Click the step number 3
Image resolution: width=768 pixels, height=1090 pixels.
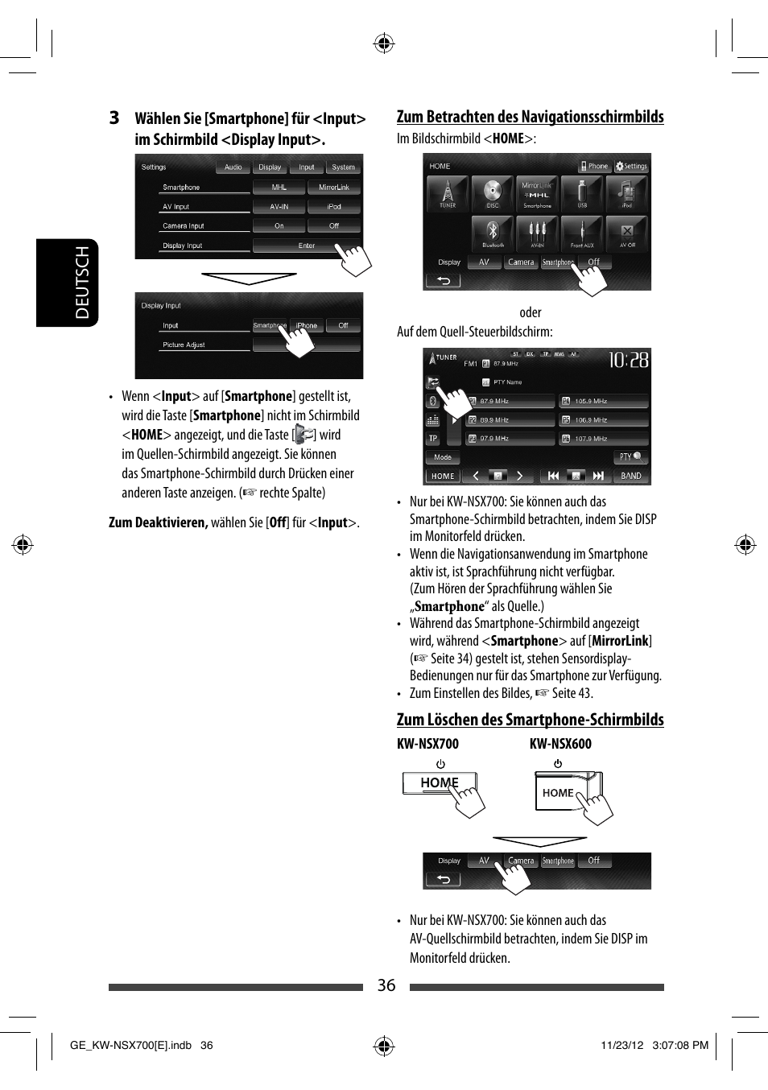pyautogui.click(x=114, y=118)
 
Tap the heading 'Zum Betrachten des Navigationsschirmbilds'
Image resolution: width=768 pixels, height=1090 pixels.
pyautogui.click(x=530, y=117)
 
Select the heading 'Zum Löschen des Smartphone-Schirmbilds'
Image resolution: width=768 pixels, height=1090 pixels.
pyautogui.click(x=530, y=720)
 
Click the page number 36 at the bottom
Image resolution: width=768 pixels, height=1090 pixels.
pyautogui.click(x=386, y=985)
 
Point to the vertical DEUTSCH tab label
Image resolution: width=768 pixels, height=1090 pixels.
pyautogui.click(x=82, y=283)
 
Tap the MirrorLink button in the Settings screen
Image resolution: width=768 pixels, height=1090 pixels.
pyautogui.click(x=334, y=188)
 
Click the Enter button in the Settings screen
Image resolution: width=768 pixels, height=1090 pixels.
pyautogui.click(x=307, y=246)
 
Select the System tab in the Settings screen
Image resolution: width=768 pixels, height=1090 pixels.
pyautogui.click(x=344, y=167)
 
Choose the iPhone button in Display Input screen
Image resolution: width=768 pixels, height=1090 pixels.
pyautogui.click(x=307, y=325)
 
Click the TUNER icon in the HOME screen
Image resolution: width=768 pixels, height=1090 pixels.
pyautogui.click(x=448, y=193)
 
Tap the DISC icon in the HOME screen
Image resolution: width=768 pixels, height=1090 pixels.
pyautogui.click(x=493, y=193)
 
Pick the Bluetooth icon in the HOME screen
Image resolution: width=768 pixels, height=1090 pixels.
pyautogui.click(x=493, y=233)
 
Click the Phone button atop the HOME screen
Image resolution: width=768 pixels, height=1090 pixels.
pyautogui.click(x=595, y=167)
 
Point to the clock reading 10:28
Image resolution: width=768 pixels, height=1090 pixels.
pyautogui.click(x=628, y=360)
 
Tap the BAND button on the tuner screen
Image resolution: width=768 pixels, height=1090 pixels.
pyautogui.click(x=631, y=476)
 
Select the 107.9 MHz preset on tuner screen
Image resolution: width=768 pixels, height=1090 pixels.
pyautogui.click(x=603, y=439)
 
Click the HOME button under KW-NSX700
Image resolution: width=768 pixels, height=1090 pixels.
pyautogui.click(x=439, y=782)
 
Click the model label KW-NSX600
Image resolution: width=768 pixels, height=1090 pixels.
pyautogui.click(x=560, y=744)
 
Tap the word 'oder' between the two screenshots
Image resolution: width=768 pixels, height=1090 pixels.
pyautogui.click(x=530, y=312)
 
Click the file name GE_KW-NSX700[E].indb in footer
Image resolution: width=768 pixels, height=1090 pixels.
pyautogui.click(x=130, y=1045)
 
